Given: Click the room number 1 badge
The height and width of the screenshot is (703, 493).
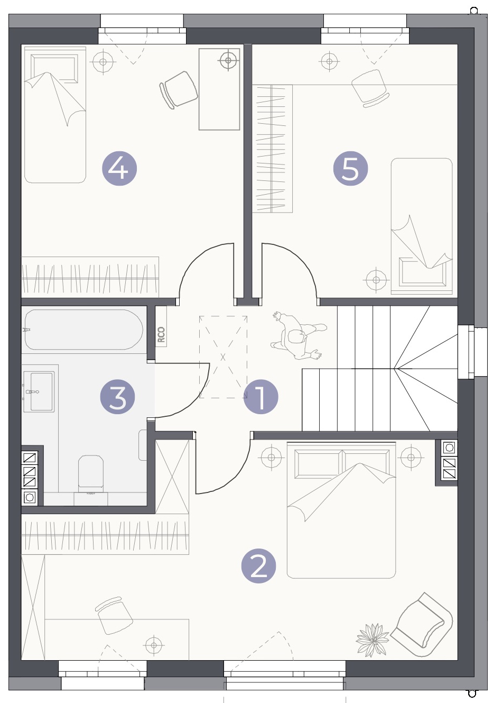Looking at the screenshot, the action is point(261,397).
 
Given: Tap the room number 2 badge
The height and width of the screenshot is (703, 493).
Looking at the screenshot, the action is point(258,566).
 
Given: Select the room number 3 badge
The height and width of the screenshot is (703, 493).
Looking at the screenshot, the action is point(117,397).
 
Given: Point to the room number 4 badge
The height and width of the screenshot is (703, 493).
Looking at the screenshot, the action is point(119,169).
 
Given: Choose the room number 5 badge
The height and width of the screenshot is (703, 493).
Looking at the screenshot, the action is point(350,169).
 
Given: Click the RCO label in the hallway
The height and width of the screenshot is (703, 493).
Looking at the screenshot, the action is point(161,334).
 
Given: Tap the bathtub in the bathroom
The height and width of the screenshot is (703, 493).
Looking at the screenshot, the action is point(83,330).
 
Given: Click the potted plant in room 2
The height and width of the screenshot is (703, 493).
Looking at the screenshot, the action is point(373,640).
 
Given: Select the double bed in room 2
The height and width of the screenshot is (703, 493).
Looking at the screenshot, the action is point(341,510).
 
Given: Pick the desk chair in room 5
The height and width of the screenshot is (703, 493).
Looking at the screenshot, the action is point(370,88).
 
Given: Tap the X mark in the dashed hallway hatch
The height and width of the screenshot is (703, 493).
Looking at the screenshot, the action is point(223,357).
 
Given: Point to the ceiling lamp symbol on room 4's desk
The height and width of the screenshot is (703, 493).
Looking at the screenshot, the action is point(228,60).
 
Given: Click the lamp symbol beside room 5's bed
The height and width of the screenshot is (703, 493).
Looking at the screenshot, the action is point(376,280).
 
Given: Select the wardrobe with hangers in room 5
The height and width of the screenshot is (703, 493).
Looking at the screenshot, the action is point(272,149).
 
